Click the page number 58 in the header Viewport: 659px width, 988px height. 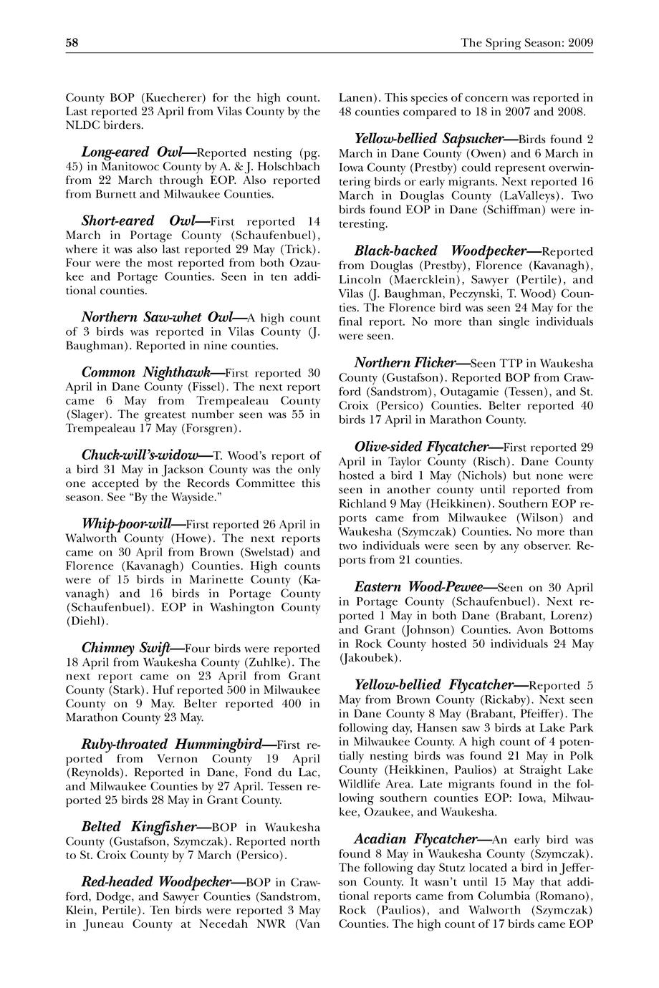pos(72,43)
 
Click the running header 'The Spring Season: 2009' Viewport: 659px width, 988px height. pos(526,43)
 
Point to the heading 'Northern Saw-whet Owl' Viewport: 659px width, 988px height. pos(160,318)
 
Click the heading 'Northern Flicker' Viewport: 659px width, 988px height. pos(406,363)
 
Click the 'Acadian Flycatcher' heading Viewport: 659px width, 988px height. pos(415,839)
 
